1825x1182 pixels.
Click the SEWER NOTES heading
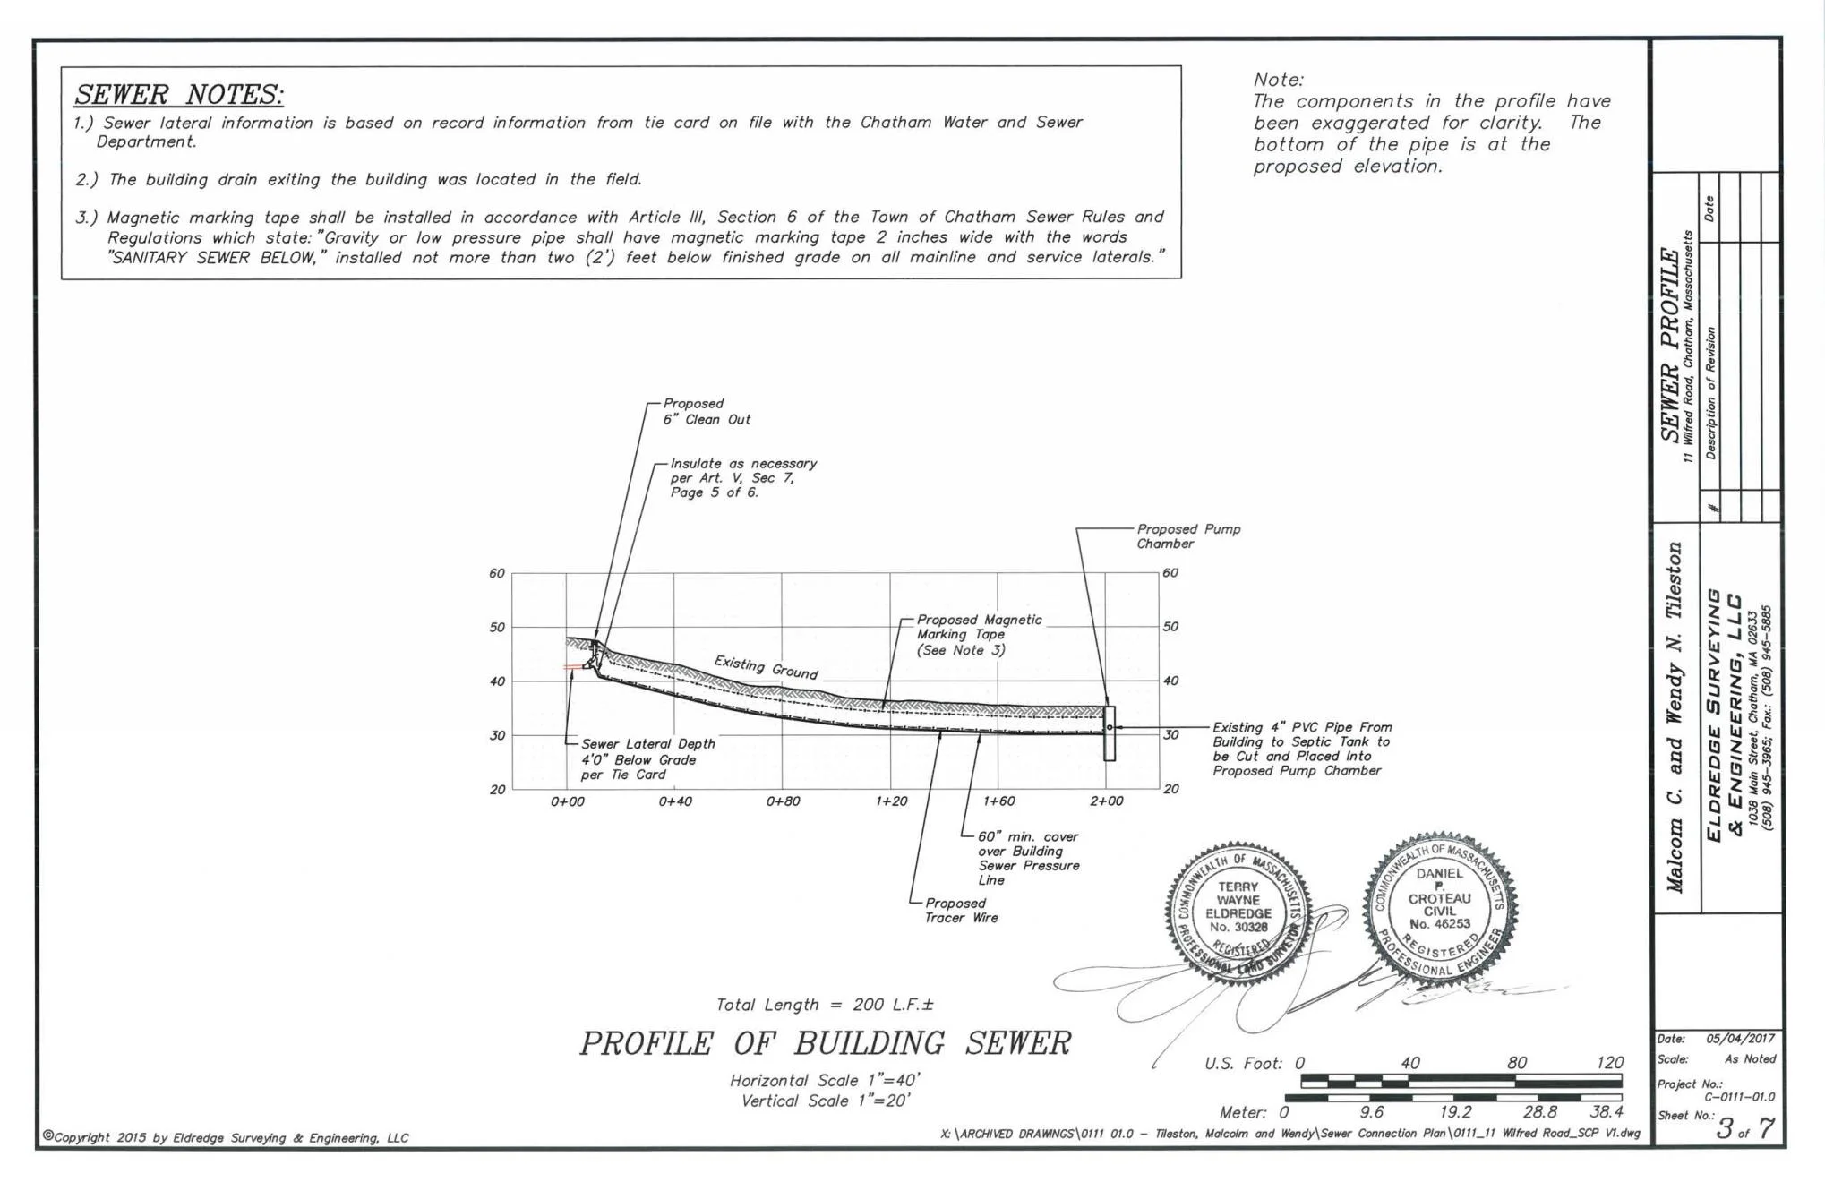coord(178,94)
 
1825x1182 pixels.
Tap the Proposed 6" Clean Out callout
coord(706,412)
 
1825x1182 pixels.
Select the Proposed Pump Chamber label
coord(1187,536)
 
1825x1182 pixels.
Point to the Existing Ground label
coord(766,667)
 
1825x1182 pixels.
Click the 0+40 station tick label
coord(675,801)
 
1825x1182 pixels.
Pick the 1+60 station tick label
coord(999,801)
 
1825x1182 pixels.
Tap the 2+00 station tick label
coord(1107,801)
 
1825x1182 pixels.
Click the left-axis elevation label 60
coord(496,573)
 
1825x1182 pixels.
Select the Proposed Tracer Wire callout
coord(960,911)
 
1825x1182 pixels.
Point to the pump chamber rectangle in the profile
coord(1110,733)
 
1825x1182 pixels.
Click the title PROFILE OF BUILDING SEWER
coord(825,1043)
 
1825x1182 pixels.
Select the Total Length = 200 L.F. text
coord(825,1005)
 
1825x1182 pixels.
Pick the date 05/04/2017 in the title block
coord(1739,1040)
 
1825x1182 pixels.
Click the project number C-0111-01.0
coord(1738,1097)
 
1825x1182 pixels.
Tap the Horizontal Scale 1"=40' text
coord(825,1081)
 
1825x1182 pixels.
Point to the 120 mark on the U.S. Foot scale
coord(1609,1063)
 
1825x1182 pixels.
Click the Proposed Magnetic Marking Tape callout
coord(978,635)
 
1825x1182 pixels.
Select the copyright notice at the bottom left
coord(226,1138)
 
